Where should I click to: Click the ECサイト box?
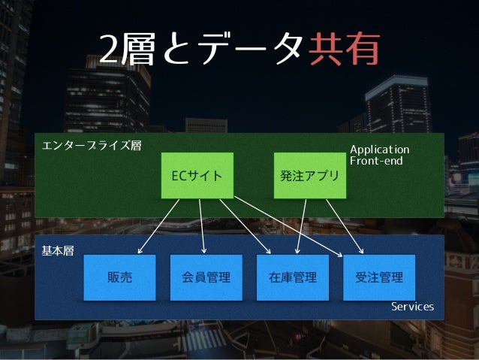197,176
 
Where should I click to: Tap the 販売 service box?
119,277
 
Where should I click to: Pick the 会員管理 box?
206,277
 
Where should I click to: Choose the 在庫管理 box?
293,277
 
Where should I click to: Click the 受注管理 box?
379,277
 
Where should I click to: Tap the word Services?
412,307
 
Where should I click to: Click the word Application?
379,150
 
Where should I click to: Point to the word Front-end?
376,161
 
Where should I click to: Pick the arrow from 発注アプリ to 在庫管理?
303,226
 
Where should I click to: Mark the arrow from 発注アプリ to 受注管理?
345,226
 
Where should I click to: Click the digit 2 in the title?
110,50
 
